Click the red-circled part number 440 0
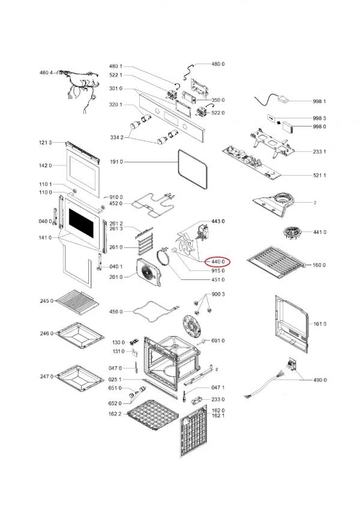pos(217,261)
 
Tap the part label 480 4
pos(46,73)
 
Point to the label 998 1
pos(319,101)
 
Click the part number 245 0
pos(47,300)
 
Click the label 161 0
pos(320,324)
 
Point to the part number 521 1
pos(320,175)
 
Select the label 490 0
pos(320,380)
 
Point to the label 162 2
pos(115,414)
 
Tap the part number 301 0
pos(116,89)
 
